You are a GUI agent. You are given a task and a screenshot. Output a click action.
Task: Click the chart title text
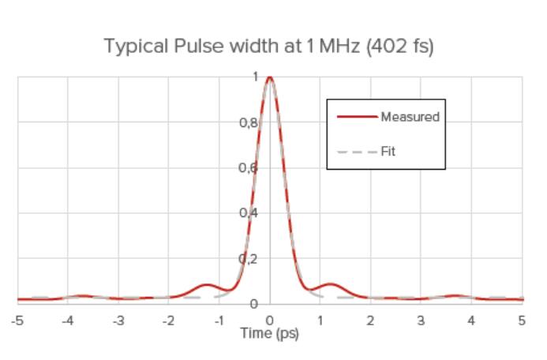[269, 47]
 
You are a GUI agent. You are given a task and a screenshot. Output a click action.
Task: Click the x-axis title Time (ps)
[269, 333]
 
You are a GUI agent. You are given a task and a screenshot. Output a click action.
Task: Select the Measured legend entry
[409, 117]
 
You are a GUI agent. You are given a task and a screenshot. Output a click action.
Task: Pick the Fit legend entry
[388, 152]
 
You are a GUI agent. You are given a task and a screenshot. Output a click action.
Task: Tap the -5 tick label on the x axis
[17, 321]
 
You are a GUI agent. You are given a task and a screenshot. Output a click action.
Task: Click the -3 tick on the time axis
[118, 321]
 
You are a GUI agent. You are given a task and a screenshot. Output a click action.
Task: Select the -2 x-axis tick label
[168, 321]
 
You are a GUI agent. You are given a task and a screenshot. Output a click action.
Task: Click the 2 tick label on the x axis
[371, 321]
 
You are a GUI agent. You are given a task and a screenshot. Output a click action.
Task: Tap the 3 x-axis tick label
[421, 321]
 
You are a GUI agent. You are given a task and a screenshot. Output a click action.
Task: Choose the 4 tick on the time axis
[472, 321]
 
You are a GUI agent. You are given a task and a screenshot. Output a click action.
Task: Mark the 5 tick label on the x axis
[522, 321]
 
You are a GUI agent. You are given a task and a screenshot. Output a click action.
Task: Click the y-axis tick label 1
[255, 77]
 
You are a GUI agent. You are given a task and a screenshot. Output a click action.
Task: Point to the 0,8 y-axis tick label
[248, 122]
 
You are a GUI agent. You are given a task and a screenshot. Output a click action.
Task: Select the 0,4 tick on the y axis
[248, 213]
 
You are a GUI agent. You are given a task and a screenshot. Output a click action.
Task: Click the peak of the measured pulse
[270, 77]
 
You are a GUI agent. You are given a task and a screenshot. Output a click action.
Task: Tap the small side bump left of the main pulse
[207, 285]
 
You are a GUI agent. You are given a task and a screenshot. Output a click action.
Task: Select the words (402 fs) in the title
[401, 47]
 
